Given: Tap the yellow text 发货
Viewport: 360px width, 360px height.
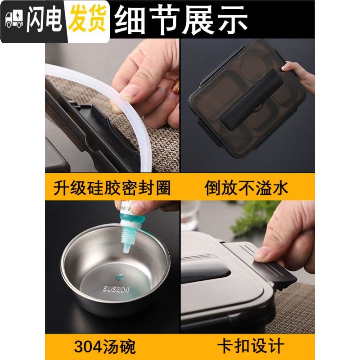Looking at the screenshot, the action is [x=87, y=19].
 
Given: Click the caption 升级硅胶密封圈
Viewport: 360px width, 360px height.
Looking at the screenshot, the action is [x=112, y=188].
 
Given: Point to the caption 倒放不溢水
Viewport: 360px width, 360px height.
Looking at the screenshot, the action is [x=246, y=188].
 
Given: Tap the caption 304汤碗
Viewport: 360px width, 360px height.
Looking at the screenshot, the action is [x=105, y=347].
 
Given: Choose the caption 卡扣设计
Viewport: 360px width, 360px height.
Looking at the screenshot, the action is [x=251, y=347].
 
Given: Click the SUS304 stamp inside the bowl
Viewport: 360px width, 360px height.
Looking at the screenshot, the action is [x=116, y=289].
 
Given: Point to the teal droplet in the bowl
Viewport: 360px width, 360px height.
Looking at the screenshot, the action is [x=120, y=277].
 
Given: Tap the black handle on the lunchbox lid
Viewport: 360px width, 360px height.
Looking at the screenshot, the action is [x=252, y=99].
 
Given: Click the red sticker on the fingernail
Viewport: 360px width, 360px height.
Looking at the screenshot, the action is [x=176, y=87].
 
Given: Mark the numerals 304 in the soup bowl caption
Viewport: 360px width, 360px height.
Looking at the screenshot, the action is [x=88, y=347].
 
